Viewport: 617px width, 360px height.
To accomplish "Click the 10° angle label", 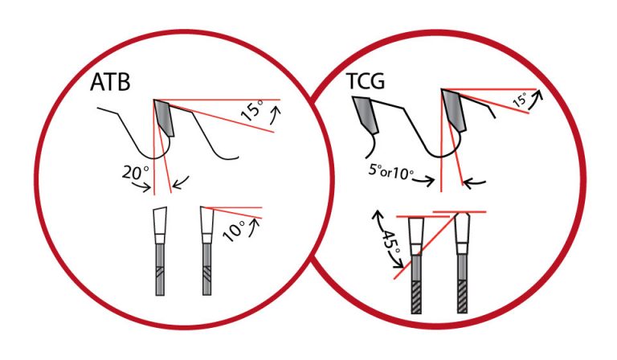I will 234,231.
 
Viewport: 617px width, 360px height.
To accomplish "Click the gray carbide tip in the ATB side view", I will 165,117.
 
